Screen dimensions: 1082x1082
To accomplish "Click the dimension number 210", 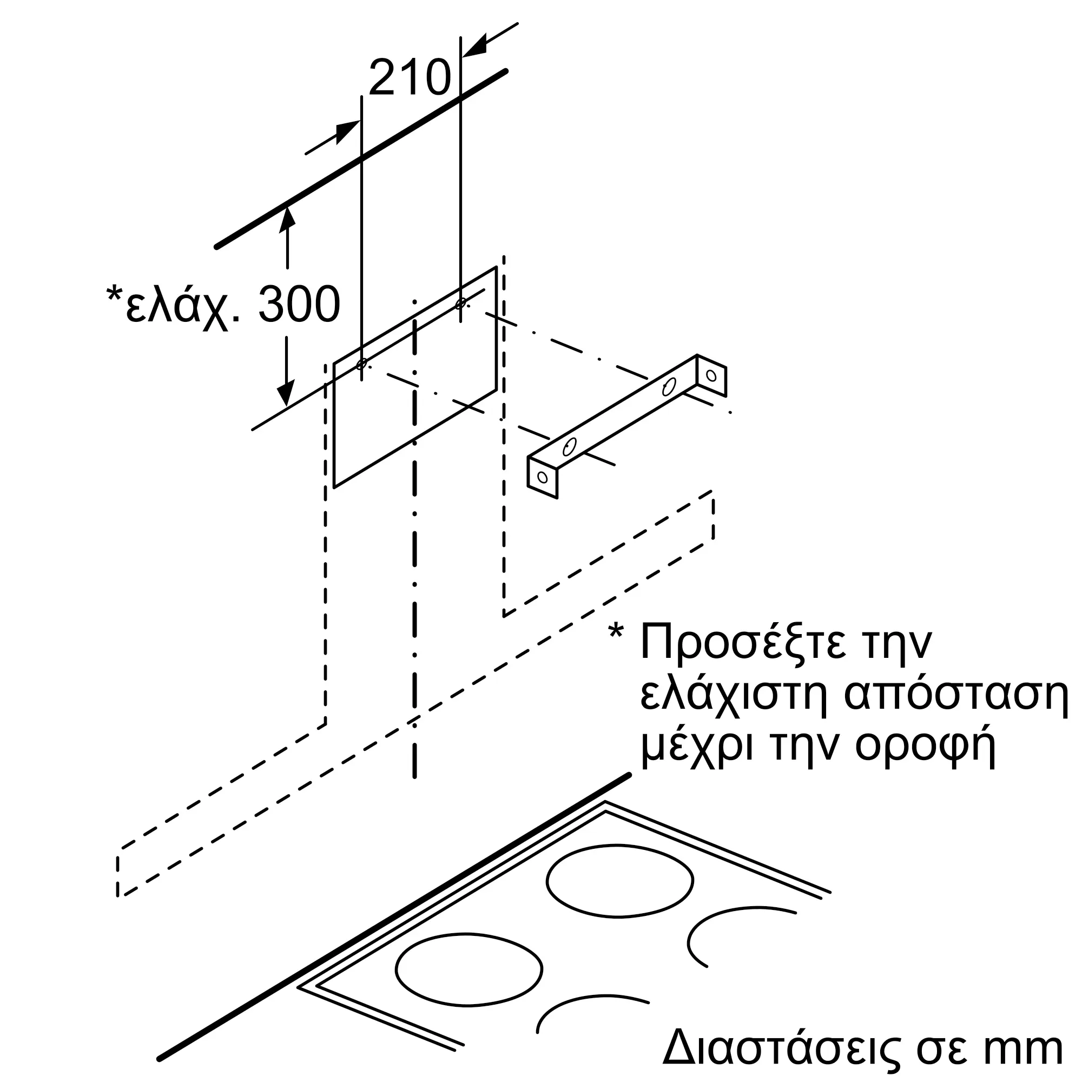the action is (x=410, y=77).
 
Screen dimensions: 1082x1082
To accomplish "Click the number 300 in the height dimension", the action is (x=299, y=304).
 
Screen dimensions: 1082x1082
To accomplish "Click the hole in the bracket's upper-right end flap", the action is (x=711, y=375).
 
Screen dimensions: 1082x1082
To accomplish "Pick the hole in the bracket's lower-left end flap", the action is (x=542, y=477).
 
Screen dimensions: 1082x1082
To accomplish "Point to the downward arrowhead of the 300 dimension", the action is (x=286, y=394).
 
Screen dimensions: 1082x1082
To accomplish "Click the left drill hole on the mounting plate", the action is (x=362, y=364).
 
